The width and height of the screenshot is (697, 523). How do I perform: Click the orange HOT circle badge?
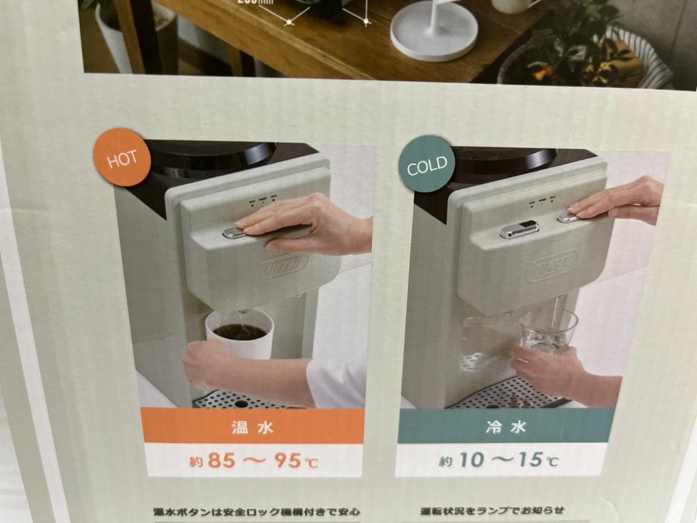122,158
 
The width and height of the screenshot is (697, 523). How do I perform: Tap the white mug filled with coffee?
239,333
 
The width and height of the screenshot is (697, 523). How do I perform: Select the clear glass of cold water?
549,330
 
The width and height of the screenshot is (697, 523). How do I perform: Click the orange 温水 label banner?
253,427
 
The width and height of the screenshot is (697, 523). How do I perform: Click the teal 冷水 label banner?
505,427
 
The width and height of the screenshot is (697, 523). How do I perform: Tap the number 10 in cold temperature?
472,460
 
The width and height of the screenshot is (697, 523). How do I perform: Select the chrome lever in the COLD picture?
520,229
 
